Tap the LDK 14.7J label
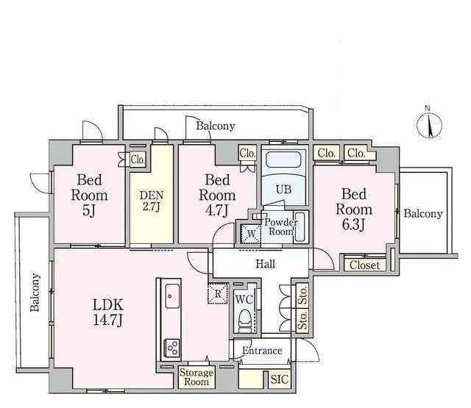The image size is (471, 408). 108,312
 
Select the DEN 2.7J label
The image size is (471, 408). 152,201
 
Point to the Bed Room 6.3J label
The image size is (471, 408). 354,209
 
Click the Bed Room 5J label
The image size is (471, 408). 89,196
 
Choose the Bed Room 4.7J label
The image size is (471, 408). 217,196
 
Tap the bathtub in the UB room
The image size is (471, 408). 283,160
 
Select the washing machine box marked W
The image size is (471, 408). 251,233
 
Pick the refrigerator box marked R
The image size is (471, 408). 218,293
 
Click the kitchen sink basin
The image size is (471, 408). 172,296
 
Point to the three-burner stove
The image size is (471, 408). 171,348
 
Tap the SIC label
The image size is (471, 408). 279,379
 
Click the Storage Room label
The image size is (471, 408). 196,377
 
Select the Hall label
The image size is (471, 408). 265,264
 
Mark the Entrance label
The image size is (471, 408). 262,351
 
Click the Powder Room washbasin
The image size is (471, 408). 300,227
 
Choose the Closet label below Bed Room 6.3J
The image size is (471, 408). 364,265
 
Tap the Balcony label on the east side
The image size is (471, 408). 423,214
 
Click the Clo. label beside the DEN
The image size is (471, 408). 138,160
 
